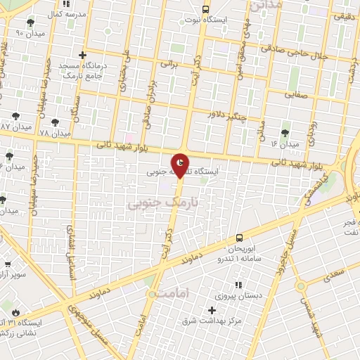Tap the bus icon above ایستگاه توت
(x=205, y=9)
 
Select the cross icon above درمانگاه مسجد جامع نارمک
(x=83, y=55)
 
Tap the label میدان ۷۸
(x=55, y=133)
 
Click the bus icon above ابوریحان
(x=240, y=238)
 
